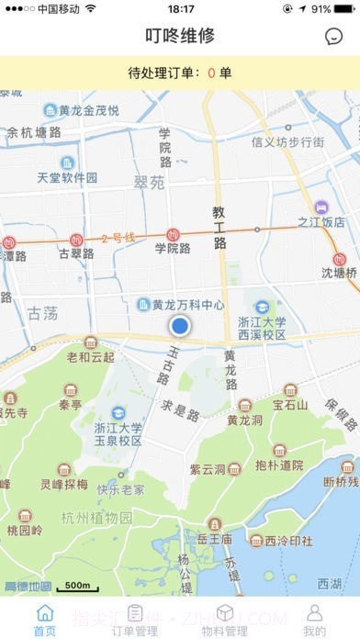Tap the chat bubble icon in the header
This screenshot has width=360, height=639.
333,37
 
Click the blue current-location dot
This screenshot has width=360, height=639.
180,325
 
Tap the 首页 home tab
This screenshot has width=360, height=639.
44,621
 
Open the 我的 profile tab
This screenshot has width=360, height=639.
314,621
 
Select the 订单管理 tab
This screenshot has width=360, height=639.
134,621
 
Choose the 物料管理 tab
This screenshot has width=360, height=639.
224,621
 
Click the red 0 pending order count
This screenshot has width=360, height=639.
211,73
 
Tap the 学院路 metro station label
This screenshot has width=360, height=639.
173,247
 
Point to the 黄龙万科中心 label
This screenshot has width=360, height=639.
187,305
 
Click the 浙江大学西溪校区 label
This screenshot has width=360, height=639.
262,328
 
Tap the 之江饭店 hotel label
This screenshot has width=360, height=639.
321,221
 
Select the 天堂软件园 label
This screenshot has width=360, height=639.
67,177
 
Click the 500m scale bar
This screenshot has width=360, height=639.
77,586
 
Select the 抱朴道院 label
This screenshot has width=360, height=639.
279,465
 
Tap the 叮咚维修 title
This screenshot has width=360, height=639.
180,37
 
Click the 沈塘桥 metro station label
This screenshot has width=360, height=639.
339,273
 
